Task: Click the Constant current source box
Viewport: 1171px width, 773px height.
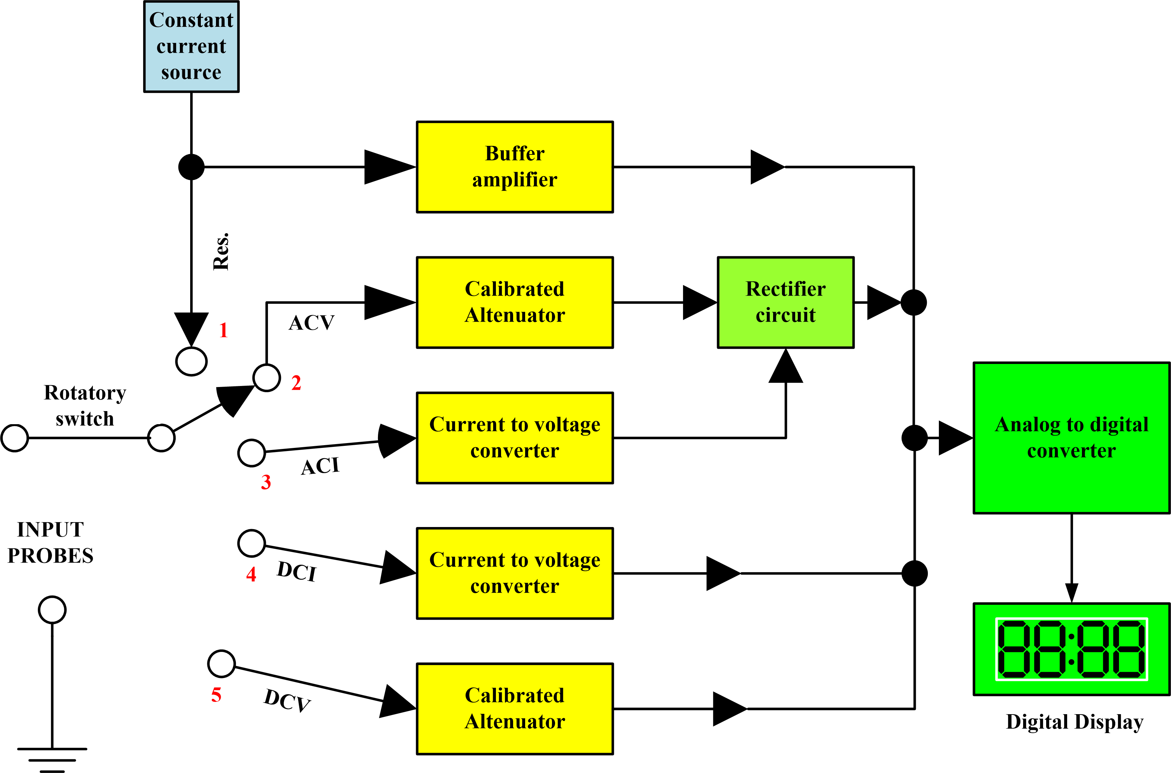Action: [x=191, y=46]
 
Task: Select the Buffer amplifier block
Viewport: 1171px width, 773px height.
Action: [x=514, y=167]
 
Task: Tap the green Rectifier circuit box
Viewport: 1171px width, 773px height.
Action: [x=785, y=302]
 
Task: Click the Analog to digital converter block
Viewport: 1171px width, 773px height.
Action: [x=1072, y=438]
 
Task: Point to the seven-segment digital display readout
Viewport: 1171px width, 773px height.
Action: [x=1072, y=649]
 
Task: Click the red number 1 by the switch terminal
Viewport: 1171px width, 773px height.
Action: [x=223, y=330]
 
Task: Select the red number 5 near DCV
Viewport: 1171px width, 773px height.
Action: [x=216, y=695]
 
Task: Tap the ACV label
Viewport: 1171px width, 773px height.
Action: [x=312, y=323]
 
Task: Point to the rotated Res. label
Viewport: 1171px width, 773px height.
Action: [x=221, y=251]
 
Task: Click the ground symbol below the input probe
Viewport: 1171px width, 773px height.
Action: [x=52, y=759]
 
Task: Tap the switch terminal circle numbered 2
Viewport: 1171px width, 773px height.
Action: [x=267, y=378]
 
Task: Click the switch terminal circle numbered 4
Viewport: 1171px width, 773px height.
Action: [x=251, y=543]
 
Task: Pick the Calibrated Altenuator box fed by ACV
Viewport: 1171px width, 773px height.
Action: [x=514, y=302]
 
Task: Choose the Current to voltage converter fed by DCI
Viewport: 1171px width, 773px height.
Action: [x=514, y=573]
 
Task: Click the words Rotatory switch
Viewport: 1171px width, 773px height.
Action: [x=85, y=405]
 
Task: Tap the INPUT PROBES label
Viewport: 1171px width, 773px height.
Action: [x=50, y=542]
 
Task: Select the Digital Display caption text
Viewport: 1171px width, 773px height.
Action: [x=1074, y=722]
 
